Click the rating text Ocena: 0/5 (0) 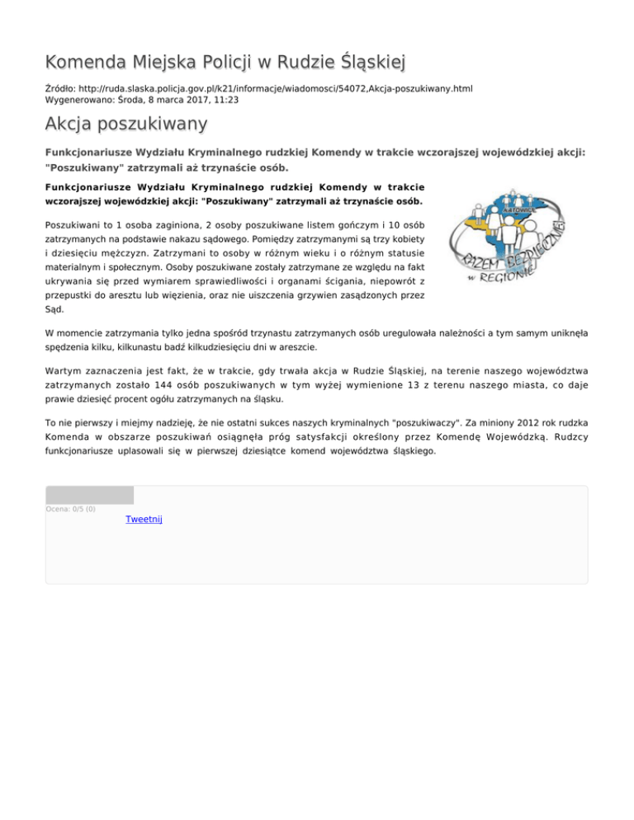(x=71, y=509)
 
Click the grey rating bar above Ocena (x=89, y=495)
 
